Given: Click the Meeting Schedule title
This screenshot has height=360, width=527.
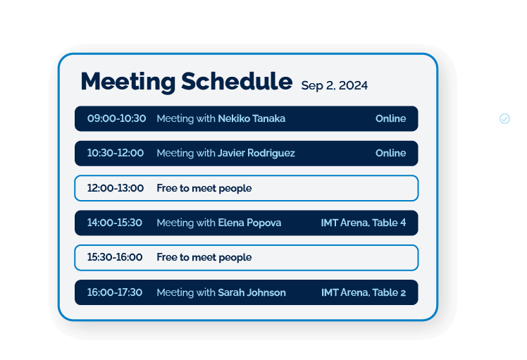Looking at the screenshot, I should click(x=186, y=82).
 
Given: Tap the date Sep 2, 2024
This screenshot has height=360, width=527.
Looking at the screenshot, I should click(x=334, y=86).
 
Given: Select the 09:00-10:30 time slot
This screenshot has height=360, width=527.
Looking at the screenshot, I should click(x=116, y=118).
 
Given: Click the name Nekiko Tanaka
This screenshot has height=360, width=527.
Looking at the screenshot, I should click(x=252, y=118).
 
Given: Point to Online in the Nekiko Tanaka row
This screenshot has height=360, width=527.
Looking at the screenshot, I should click(x=390, y=118).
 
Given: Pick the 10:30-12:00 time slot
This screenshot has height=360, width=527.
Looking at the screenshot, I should click(x=115, y=153).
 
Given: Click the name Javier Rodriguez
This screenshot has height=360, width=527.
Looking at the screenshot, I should click(x=256, y=153).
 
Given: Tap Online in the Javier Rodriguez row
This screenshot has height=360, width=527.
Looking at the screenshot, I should click(x=390, y=153).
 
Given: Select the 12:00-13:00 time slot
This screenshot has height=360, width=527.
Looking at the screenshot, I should click(x=115, y=188).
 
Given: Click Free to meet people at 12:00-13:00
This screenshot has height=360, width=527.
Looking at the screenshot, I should click(x=204, y=188).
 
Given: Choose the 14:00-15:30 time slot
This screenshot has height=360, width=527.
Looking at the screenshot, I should click(x=114, y=223).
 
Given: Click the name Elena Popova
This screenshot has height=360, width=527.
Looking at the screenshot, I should click(x=249, y=223).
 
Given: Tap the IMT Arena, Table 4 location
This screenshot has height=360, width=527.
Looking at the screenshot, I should click(x=363, y=223).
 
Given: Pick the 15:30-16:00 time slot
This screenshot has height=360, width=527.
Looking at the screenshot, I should click(x=114, y=257).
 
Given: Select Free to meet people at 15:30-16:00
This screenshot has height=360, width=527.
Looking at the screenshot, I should click(x=204, y=257).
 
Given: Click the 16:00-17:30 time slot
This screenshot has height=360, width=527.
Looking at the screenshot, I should click(x=114, y=292).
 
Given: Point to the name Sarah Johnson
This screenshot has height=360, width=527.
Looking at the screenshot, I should click(x=252, y=292).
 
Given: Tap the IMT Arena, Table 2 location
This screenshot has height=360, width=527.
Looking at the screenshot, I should click(x=363, y=292).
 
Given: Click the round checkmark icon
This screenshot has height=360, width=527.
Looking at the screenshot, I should click(x=504, y=118).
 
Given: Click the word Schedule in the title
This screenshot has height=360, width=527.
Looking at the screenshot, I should click(x=236, y=82).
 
